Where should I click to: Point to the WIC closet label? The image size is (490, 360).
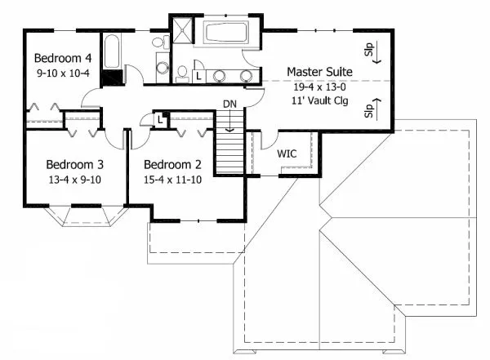pyautogui.click(x=287, y=153)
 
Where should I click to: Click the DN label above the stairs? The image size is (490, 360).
pyautogui.click(x=231, y=104)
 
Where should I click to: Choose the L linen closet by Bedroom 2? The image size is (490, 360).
pyautogui.click(x=161, y=120)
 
